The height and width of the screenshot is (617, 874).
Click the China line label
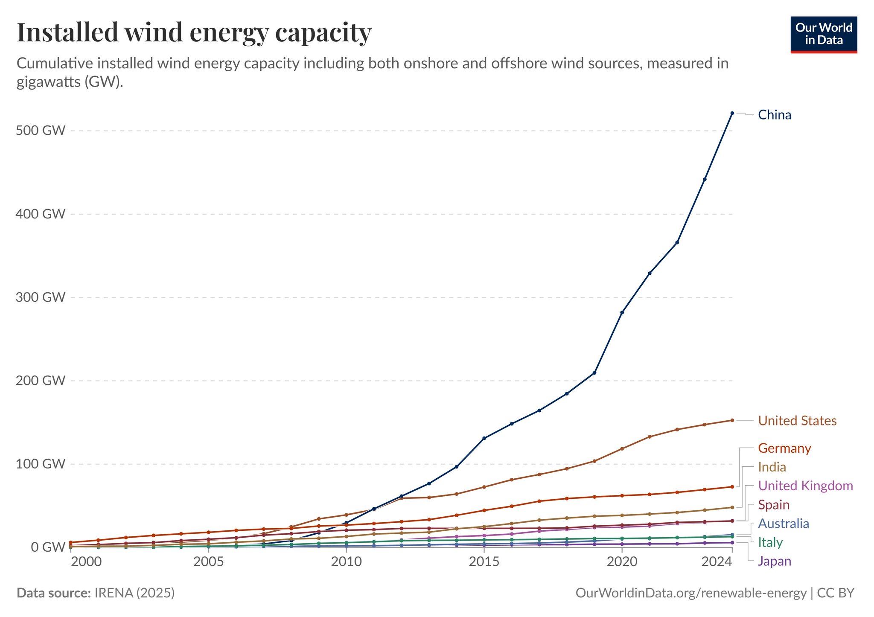(774, 115)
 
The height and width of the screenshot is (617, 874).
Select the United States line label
(797, 421)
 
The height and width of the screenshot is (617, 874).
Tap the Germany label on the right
(784, 448)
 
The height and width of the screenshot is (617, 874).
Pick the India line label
(772, 467)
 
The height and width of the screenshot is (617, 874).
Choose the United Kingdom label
(805, 486)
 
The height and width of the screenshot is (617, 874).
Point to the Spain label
(774, 505)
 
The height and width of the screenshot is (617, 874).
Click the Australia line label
(784, 524)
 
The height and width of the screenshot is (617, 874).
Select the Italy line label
(770, 543)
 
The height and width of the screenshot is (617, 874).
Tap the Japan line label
(775, 562)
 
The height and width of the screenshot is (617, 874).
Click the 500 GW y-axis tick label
(41, 131)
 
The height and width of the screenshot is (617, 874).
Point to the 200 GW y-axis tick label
(41, 381)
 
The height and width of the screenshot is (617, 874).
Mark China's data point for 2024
(732, 113)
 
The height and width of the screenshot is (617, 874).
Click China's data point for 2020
(622, 313)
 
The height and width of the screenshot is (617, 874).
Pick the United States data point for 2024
(732, 420)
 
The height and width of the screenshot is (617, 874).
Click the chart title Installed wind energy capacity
(194, 32)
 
